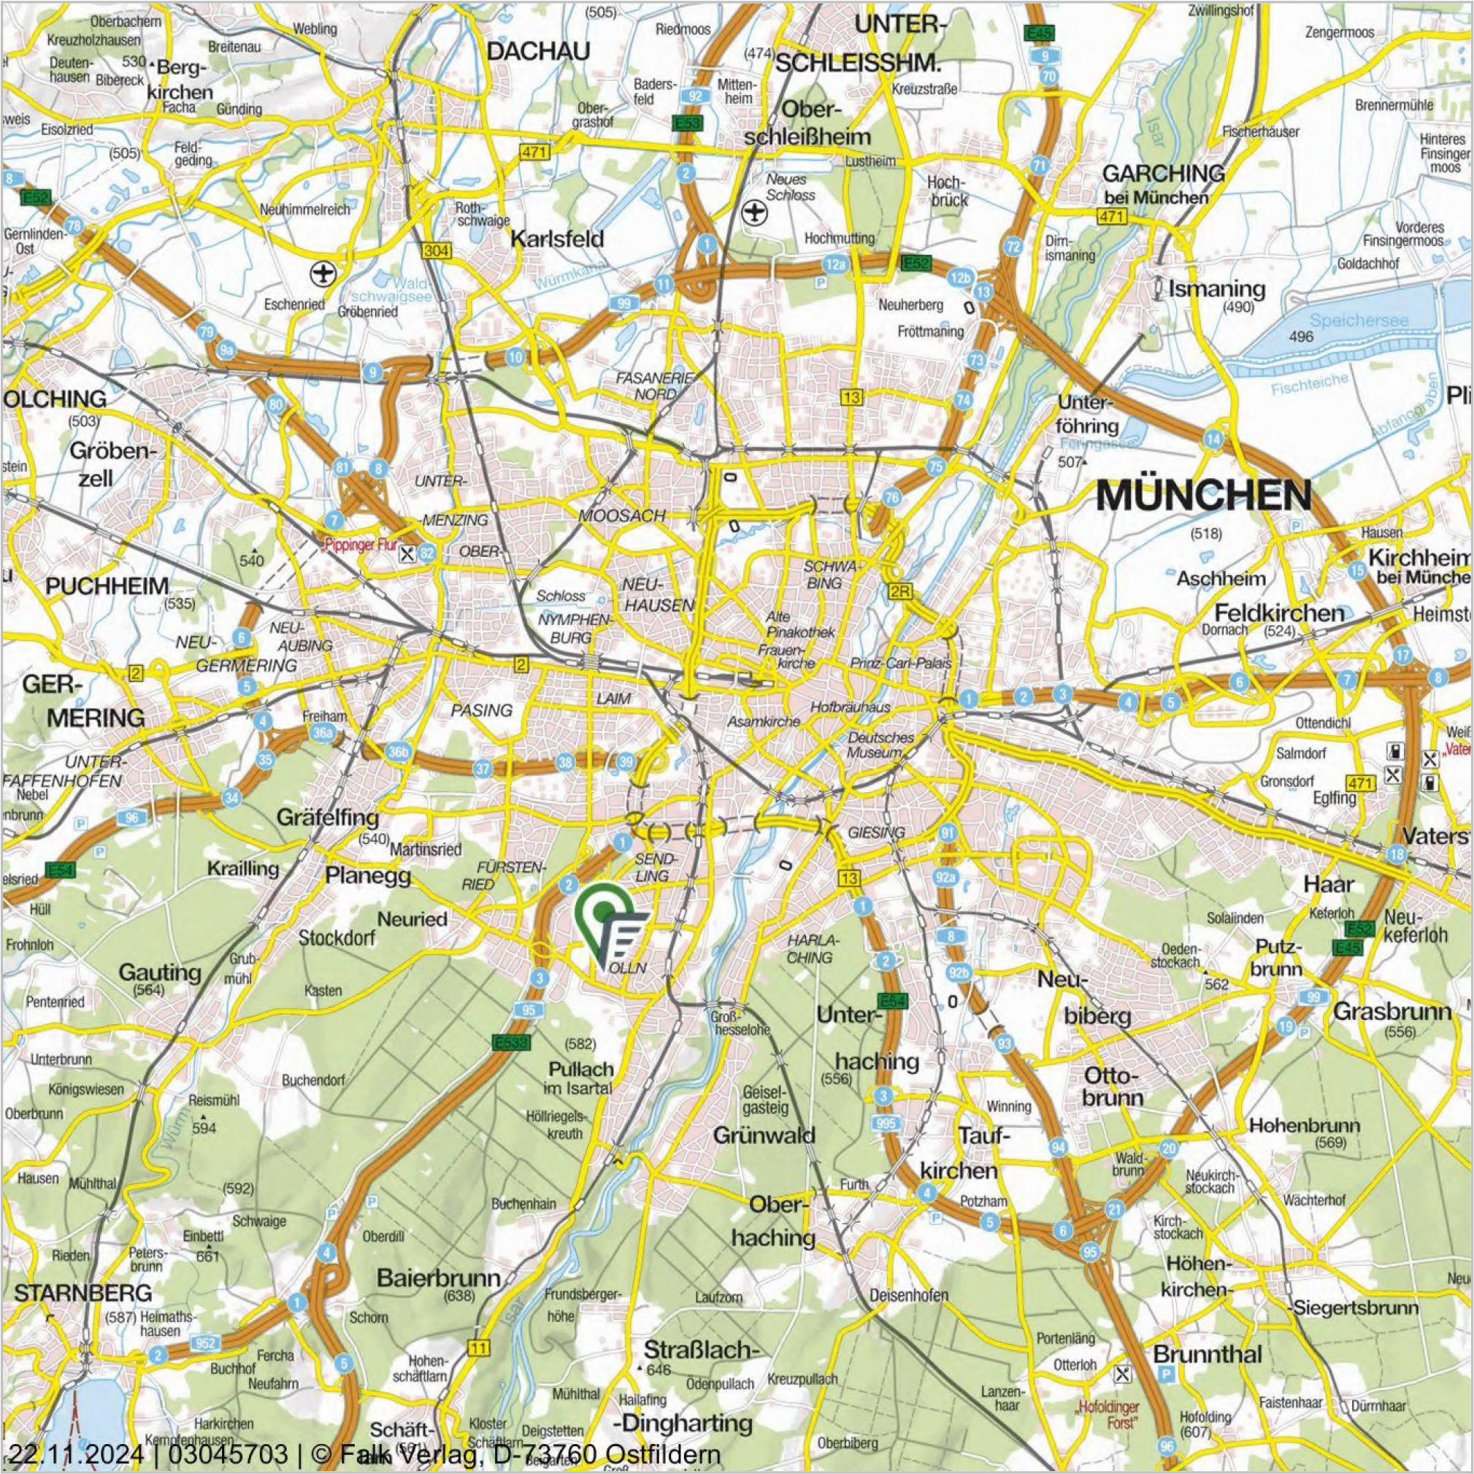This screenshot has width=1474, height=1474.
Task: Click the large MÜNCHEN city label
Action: pos(1203,496)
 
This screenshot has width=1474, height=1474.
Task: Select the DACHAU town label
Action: pos(539,52)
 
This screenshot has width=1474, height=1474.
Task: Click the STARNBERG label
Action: pos(83,1293)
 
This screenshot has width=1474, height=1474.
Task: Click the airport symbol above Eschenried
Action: pos(323,272)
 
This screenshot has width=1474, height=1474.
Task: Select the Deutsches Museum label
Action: pos(880,745)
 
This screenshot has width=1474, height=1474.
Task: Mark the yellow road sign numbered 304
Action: pos(436,251)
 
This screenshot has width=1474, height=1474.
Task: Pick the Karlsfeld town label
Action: pos(557,239)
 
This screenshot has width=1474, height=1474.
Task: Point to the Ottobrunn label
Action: pos(1113,1086)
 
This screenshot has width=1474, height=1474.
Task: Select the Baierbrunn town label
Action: pos(439,1278)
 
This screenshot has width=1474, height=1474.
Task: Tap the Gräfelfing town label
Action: pos(328,818)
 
